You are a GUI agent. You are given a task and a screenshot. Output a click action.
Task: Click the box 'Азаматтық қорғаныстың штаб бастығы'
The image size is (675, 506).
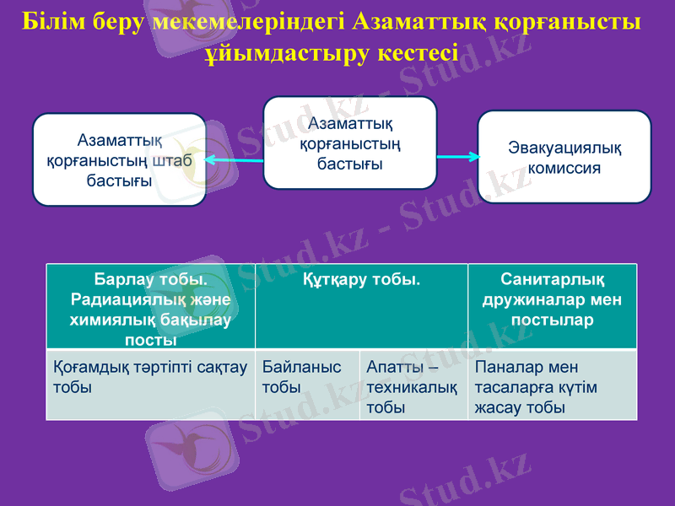pos(119,159)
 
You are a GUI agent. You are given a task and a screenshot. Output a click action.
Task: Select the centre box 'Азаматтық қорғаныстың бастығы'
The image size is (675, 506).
pos(350,143)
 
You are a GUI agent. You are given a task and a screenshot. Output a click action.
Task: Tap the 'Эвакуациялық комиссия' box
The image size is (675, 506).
pos(564,157)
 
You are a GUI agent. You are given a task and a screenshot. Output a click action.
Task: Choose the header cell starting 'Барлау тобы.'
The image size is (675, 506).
pos(150,305)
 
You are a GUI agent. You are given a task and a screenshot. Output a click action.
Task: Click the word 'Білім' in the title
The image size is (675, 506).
pos(52,20)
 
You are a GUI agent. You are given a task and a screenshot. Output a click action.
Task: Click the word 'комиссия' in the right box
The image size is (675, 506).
pos(564,167)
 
